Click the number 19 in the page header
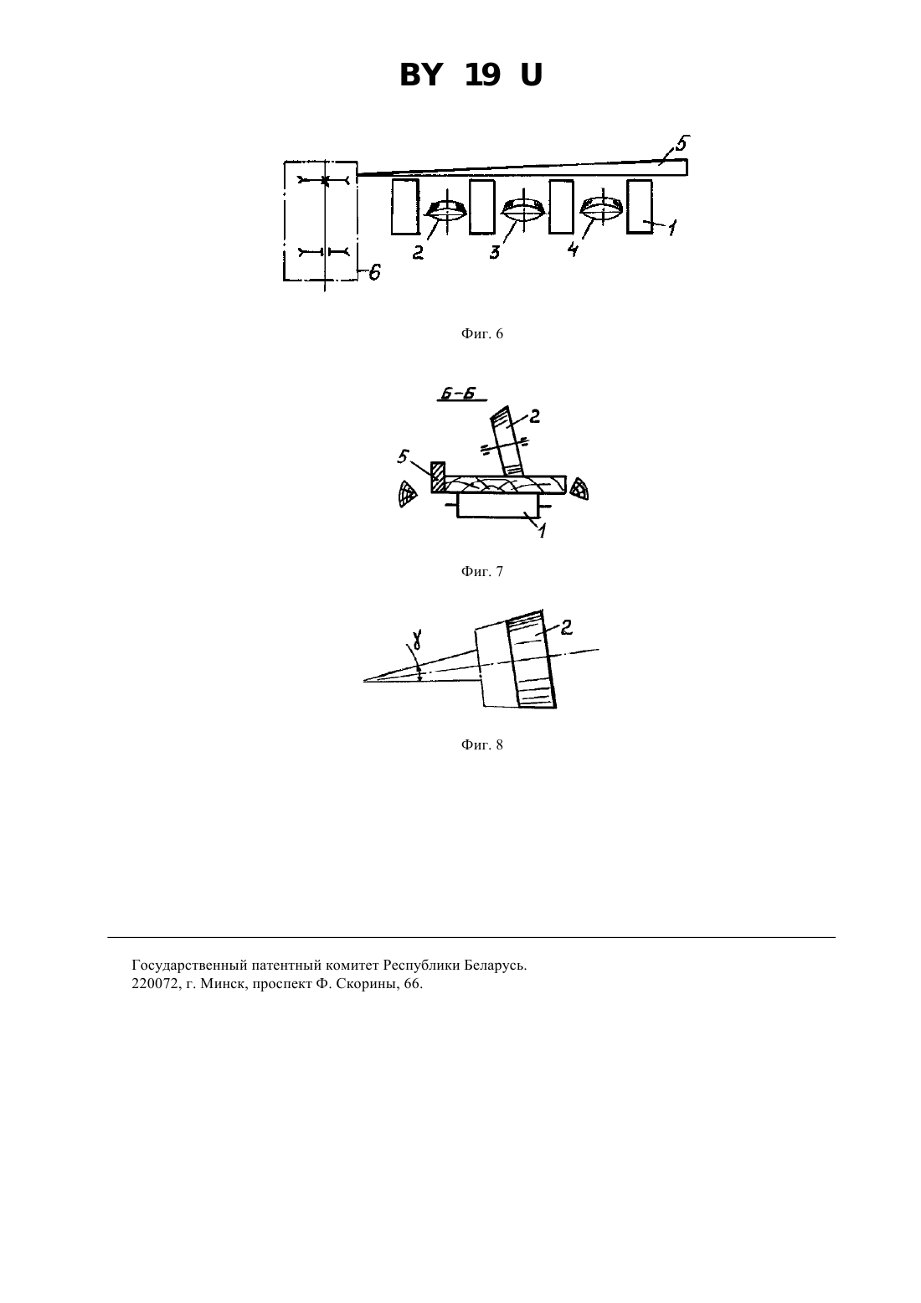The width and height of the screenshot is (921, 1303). pyautogui.click(x=482, y=75)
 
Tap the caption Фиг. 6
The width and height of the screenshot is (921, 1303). pyautogui.click(x=481, y=334)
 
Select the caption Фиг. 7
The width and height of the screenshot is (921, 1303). pyautogui.click(x=481, y=572)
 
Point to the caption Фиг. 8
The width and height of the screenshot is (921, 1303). pyautogui.click(x=481, y=745)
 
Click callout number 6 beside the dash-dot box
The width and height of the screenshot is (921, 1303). pyautogui.click(x=374, y=271)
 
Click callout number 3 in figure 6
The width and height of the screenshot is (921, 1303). pyautogui.click(x=494, y=252)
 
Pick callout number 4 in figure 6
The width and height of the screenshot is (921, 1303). pyautogui.click(x=573, y=250)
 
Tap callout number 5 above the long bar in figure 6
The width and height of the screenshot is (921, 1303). pyautogui.click(x=682, y=142)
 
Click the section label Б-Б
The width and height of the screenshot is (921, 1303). pyautogui.click(x=457, y=394)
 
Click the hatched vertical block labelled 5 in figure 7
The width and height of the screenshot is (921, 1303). pyautogui.click(x=438, y=477)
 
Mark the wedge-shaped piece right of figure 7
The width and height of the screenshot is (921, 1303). pyautogui.click(x=579, y=489)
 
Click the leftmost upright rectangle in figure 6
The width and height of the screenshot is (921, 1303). pyautogui.click(x=404, y=207)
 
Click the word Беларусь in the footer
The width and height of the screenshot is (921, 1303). pyautogui.click(x=495, y=965)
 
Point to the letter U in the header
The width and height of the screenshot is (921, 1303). pyautogui.click(x=531, y=75)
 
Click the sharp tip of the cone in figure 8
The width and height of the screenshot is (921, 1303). pyautogui.click(x=364, y=681)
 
